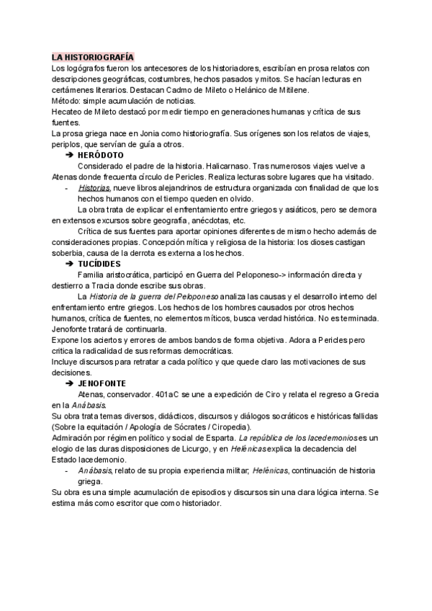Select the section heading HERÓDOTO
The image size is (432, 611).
[100, 155]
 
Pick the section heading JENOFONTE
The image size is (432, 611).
[102, 383]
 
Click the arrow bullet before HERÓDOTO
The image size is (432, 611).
[69, 155]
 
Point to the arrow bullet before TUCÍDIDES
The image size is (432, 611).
[69, 264]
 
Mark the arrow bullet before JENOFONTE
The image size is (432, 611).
[69, 383]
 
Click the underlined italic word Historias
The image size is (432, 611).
[94, 188]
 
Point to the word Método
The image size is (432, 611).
[67, 101]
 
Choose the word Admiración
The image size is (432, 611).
[77, 438]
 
